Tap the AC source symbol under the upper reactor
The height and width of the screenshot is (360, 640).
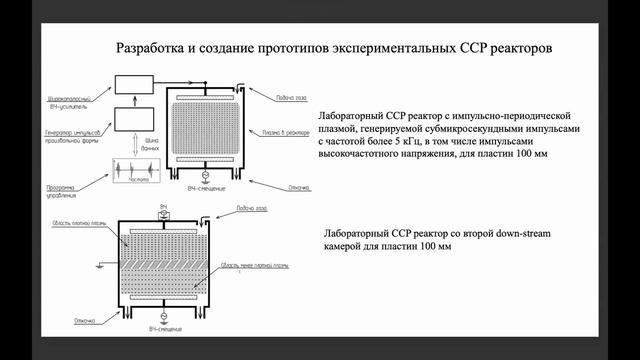tap(206, 176)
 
